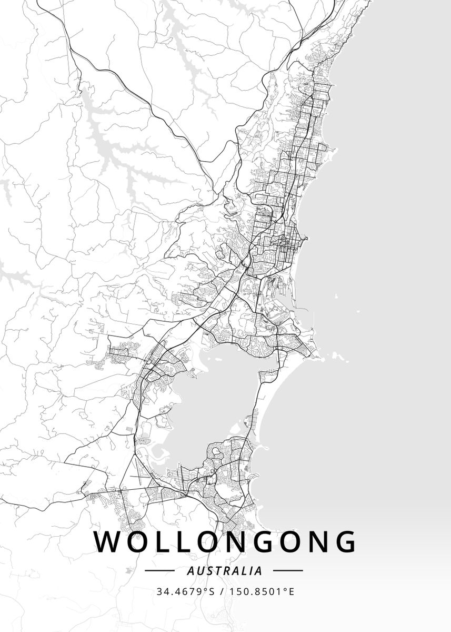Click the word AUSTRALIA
click(x=225, y=570)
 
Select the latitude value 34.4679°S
click(x=185, y=591)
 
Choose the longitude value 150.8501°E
click(x=262, y=591)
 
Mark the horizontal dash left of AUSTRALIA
click(x=159, y=570)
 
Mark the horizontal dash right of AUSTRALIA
click(x=288, y=570)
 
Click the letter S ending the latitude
click(x=212, y=591)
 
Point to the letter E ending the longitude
click(x=291, y=591)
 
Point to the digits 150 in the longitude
click(x=238, y=591)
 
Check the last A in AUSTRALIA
click(x=259, y=570)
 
